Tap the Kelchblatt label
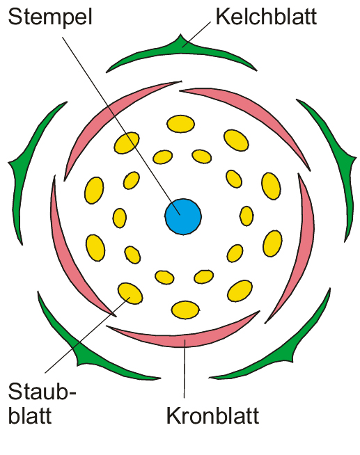pos(266,17)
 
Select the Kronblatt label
pos(212,416)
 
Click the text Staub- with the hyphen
pos(42,392)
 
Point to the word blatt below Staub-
pos(30,416)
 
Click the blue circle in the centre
pos(183,216)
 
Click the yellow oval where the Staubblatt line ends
pos(130,293)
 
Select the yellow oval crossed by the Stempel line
pos(127,143)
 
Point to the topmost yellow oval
pos(180,124)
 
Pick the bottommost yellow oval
pos(185,310)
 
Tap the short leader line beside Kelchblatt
pos(197,34)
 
